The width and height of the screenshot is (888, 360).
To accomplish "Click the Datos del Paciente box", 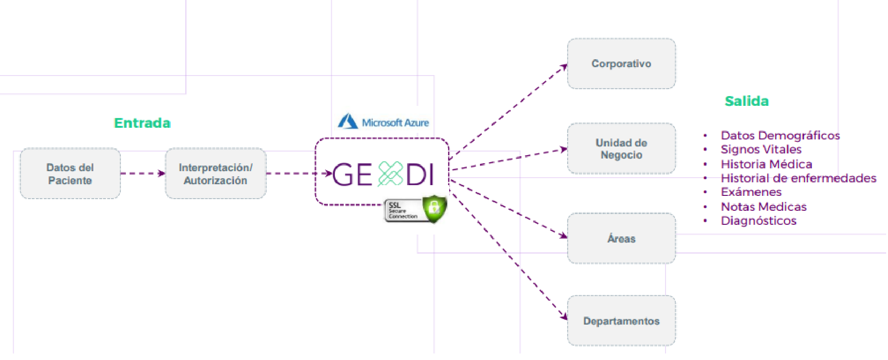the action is click(70, 173).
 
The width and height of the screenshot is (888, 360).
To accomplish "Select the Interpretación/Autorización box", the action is click(215, 173).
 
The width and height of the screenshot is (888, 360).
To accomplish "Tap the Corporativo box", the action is click(621, 63).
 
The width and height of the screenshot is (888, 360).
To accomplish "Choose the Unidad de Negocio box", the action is click(621, 148).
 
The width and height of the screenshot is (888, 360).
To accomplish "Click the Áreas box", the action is click(621, 238).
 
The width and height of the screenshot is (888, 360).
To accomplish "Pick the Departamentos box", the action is click(621, 320).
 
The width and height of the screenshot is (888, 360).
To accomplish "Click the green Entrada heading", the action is click(142, 123).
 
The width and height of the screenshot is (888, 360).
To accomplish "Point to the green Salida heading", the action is click(747, 101).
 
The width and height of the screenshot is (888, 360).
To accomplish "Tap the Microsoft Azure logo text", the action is click(395, 123).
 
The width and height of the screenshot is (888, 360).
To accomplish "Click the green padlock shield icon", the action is click(434, 208).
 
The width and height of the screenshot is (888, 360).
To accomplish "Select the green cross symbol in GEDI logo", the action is click(390, 174).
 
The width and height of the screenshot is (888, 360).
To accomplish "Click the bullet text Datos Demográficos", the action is click(780, 135).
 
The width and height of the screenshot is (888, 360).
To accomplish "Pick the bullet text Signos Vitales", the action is click(761, 150).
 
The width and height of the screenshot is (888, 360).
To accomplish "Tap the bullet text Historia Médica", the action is click(767, 164).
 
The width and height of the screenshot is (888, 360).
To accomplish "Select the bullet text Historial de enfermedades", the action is click(798, 178).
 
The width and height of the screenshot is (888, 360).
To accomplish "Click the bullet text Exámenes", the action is click(751, 192).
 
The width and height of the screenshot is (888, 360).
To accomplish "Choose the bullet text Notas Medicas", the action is click(764, 207).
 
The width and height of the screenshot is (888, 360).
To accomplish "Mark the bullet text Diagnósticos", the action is click(759, 221).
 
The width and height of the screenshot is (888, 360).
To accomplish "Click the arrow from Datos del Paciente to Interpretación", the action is click(143, 173).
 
